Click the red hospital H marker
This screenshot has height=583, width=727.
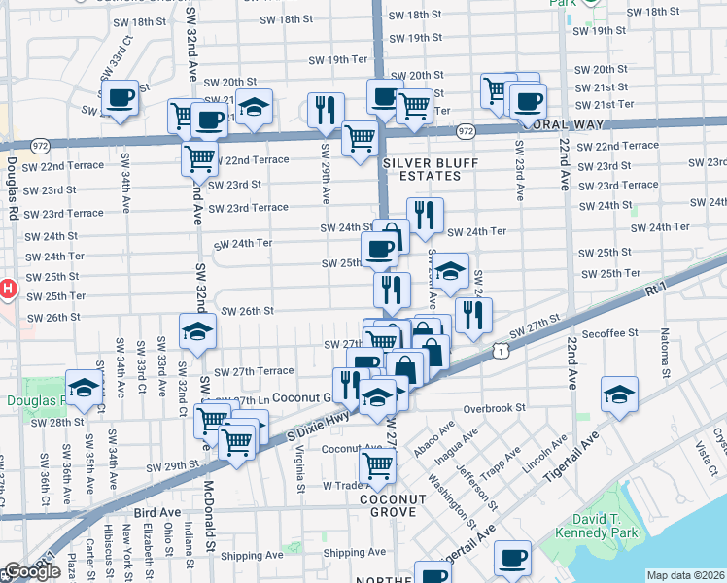7,289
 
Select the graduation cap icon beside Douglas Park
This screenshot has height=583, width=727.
85,388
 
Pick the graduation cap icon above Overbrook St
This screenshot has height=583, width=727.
619,394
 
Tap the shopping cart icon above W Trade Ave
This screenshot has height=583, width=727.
378,464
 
